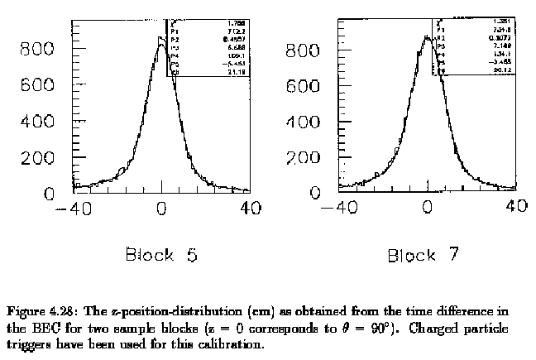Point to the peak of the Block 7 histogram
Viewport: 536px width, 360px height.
pos(427,36)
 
